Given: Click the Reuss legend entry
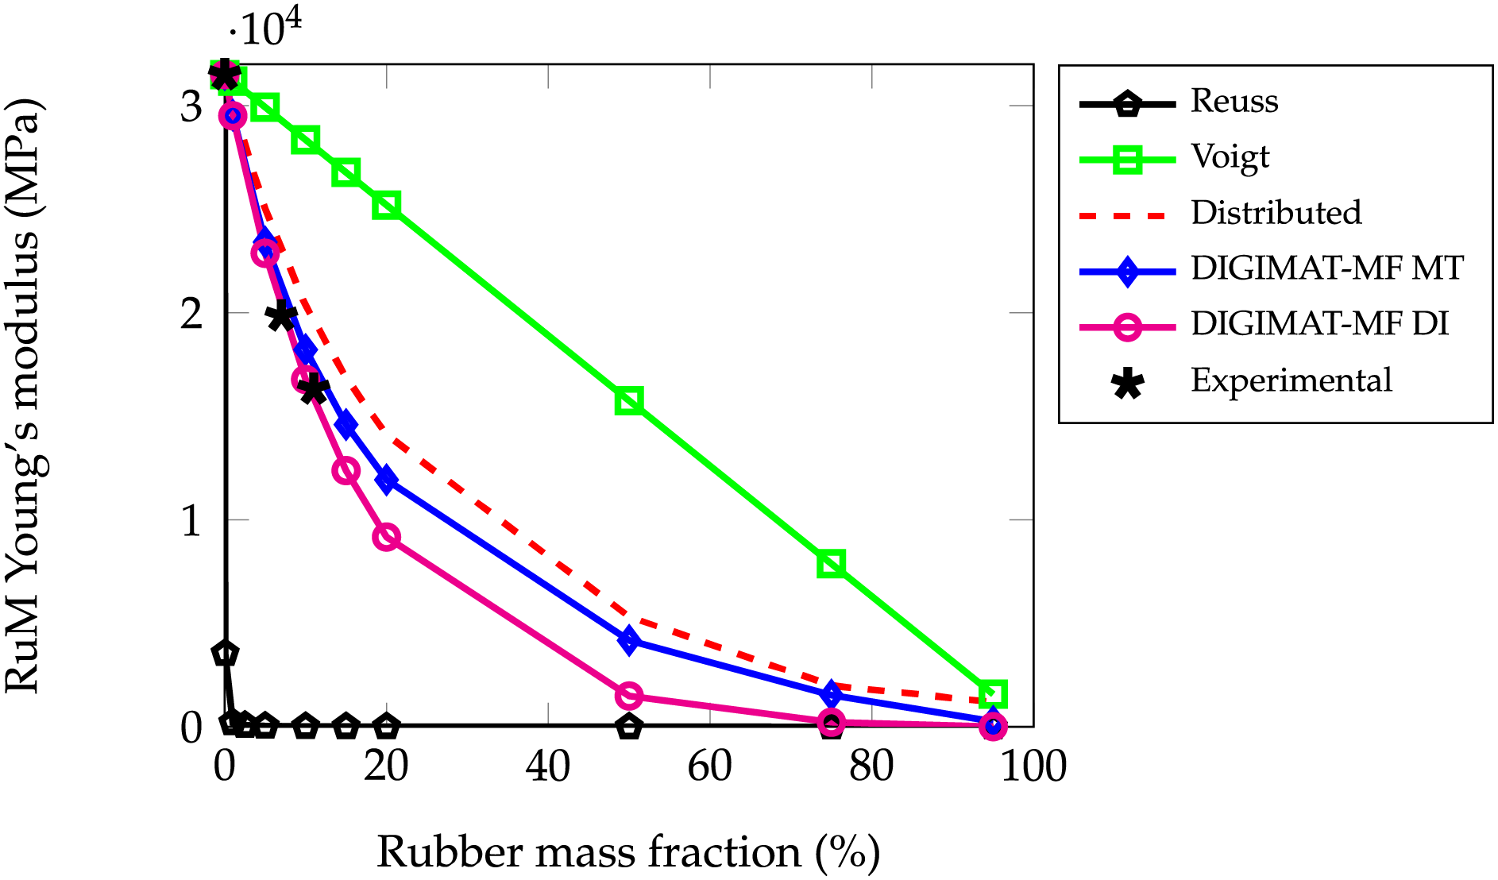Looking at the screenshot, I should point(1234,102).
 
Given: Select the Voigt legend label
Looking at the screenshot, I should point(1230,157).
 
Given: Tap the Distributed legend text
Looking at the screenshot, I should point(1276,213).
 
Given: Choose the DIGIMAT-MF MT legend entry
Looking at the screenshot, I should point(1326,268).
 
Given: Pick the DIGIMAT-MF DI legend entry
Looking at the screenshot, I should point(1319,324).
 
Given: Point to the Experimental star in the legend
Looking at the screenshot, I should point(1128,382).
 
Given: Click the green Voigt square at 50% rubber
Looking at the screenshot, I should point(629,401).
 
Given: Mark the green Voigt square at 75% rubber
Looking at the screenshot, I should point(831,564).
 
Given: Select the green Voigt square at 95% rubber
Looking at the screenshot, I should point(993,694).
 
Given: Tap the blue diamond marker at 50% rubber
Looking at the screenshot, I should point(629,640).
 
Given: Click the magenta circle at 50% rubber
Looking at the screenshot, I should point(629,696).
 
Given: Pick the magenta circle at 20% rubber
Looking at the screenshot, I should point(386,537).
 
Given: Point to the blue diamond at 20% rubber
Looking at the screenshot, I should point(386,480).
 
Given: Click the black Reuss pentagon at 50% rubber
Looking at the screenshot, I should point(629,726).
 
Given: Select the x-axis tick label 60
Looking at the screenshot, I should point(710,767).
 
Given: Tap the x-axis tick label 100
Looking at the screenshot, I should point(1033,767).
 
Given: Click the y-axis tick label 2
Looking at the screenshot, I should point(191,315).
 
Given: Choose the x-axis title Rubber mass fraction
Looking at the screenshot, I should point(627,853).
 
